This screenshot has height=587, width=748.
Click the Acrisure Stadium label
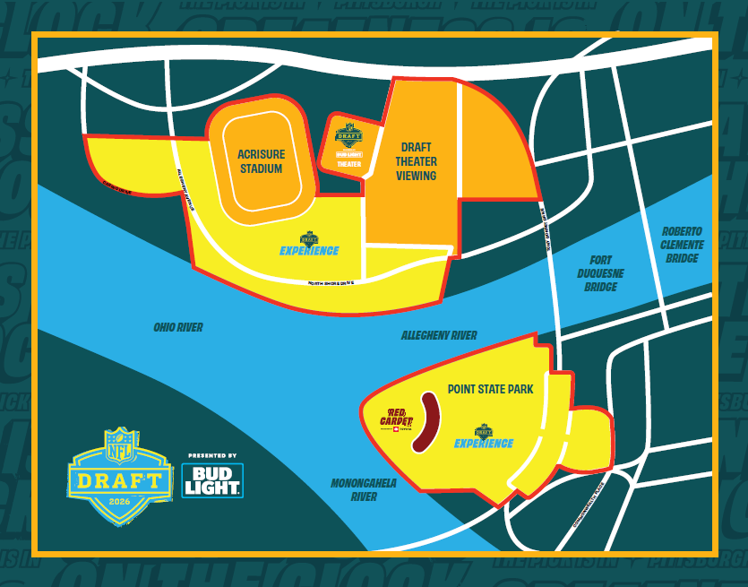(261, 161)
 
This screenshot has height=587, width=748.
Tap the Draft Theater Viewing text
(417, 161)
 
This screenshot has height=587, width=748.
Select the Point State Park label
(490, 390)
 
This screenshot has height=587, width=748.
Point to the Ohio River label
(177, 328)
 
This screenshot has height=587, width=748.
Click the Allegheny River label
(439, 335)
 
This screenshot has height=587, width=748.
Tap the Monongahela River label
(364, 489)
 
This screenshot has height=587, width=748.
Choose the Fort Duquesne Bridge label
(601, 272)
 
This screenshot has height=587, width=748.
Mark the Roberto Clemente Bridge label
(683, 245)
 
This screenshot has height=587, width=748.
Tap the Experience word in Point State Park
(484, 444)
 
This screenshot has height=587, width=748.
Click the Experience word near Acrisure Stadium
(309, 251)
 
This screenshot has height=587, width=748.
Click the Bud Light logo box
(212, 480)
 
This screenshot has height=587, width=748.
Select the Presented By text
(212, 455)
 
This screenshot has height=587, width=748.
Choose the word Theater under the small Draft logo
(348, 165)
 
